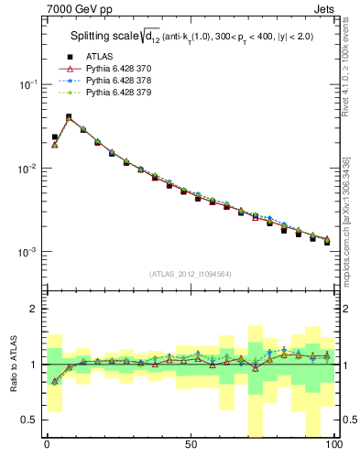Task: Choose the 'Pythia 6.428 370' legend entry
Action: tap(115, 68)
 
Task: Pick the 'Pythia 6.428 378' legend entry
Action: tap(115, 80)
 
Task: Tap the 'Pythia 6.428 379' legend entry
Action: tap(115, 92)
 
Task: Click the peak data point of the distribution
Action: tap(69, 117)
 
